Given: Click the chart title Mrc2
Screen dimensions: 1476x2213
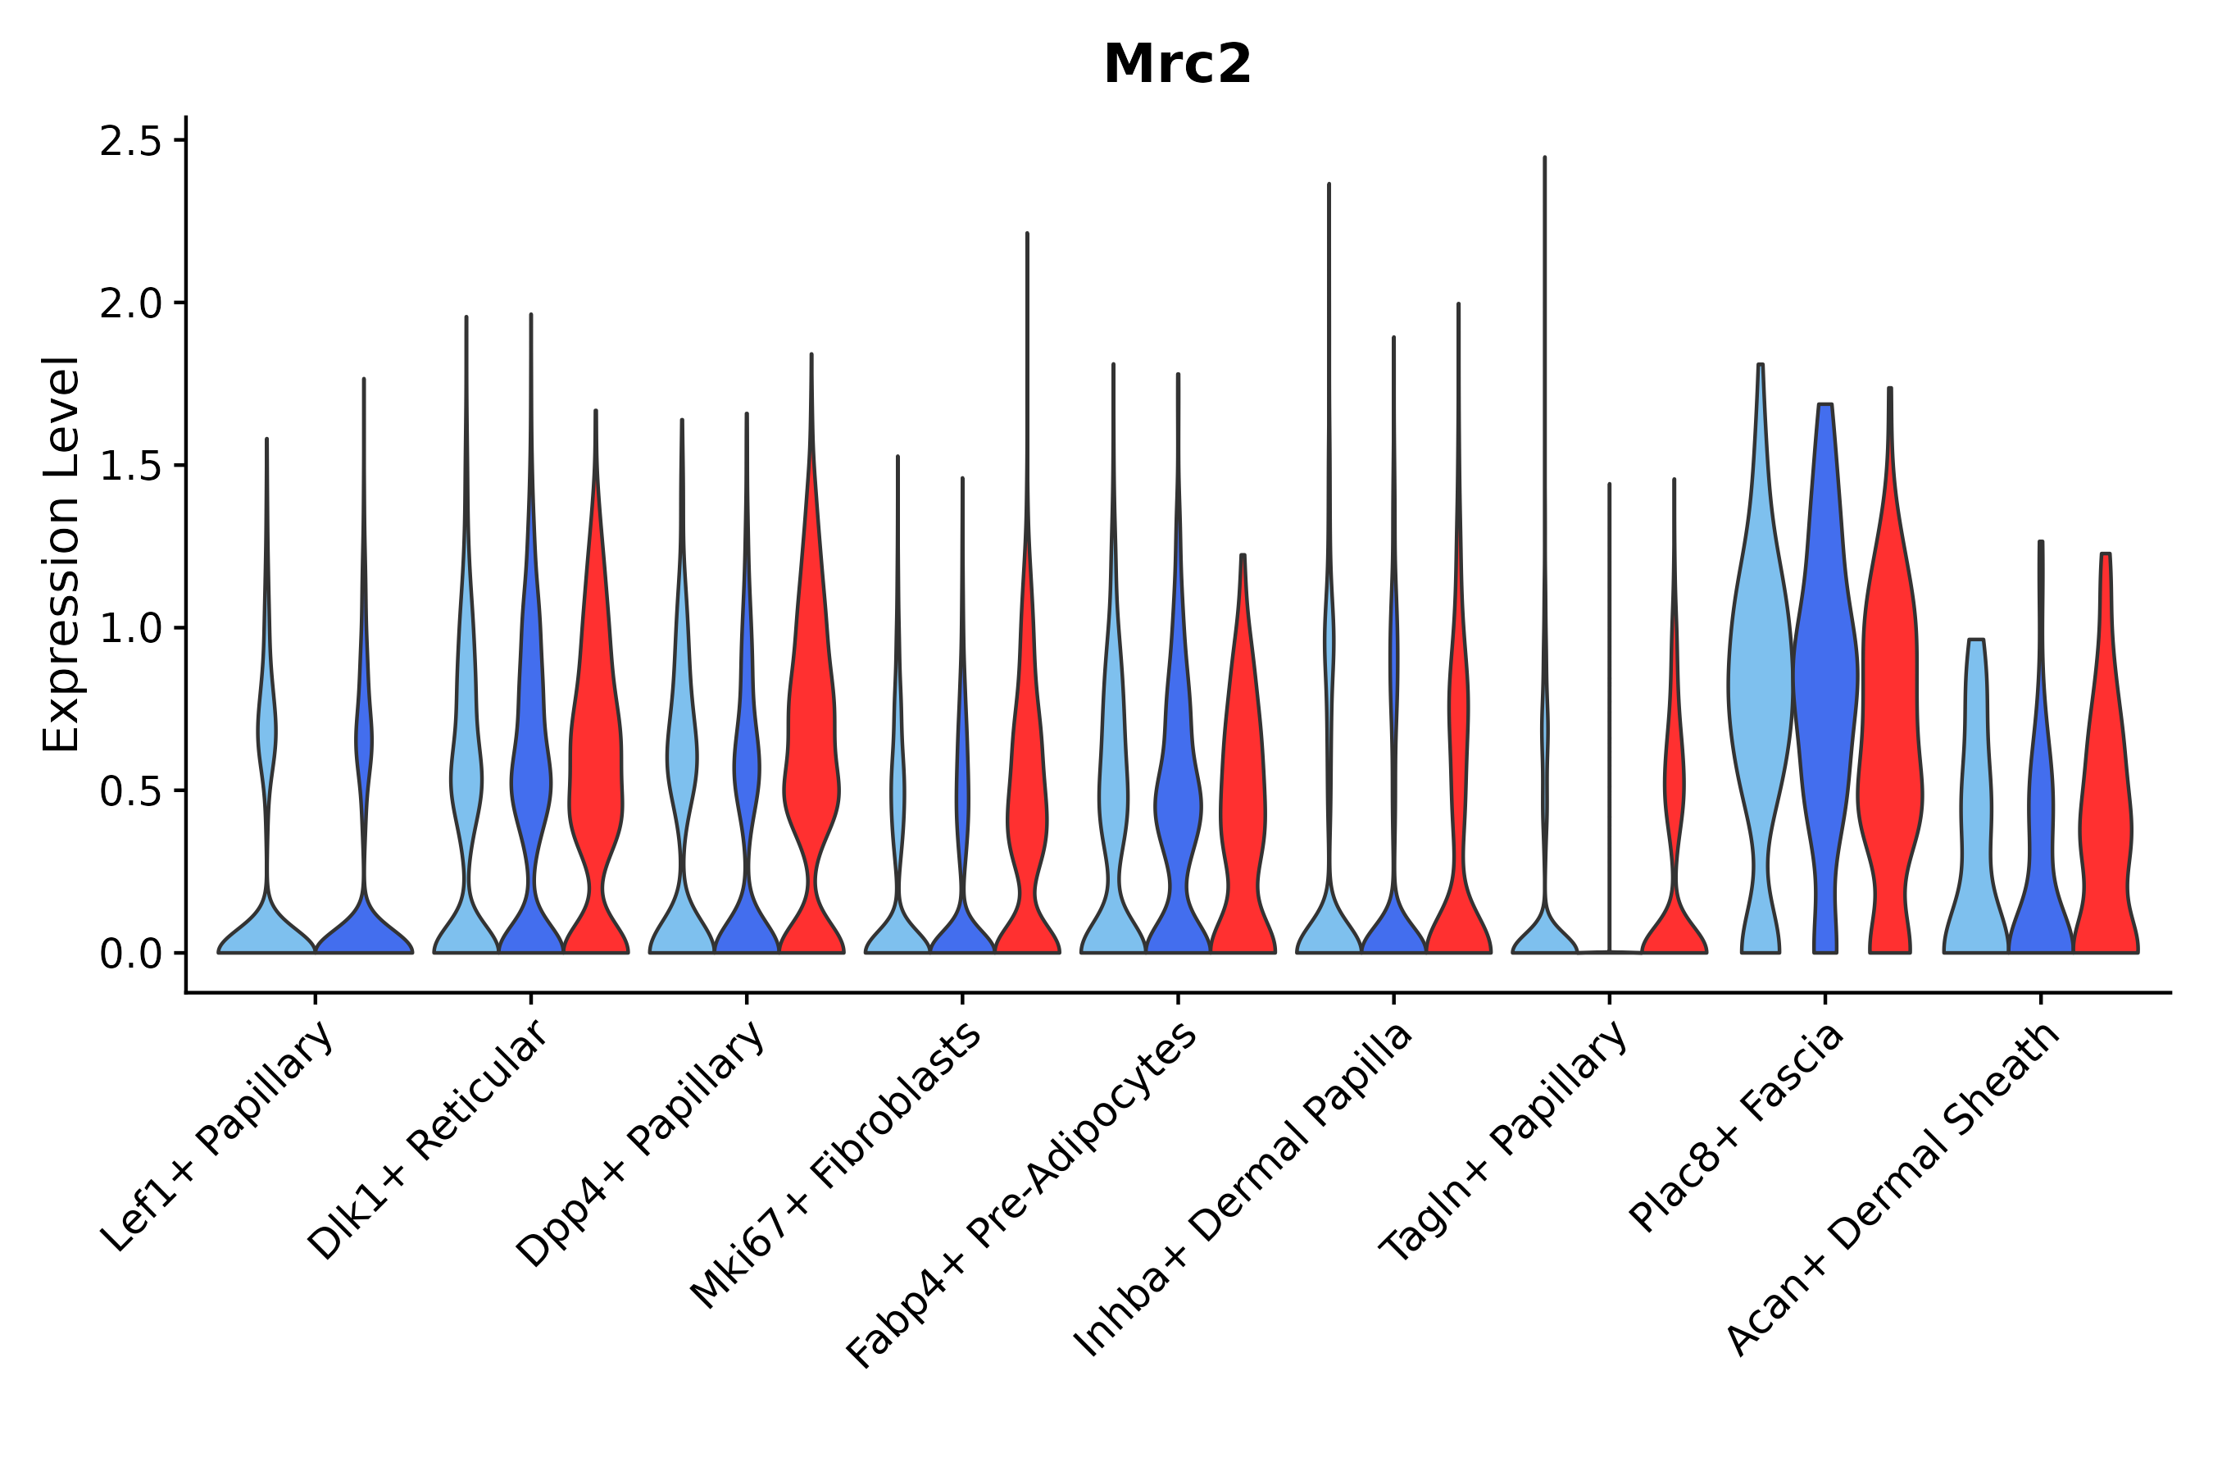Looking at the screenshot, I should click(1176, 65).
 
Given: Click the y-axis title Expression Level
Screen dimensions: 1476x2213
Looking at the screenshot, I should click(61, 553).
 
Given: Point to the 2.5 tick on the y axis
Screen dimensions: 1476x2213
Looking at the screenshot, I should click(142, 141).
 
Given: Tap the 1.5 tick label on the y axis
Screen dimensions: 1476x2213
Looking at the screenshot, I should click(142, 467).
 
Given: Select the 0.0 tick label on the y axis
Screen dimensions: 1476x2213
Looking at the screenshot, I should click(142, 954).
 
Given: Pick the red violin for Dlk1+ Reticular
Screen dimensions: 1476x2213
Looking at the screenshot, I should click(595, 753).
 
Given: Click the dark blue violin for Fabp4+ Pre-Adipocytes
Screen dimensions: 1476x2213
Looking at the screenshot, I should click(1177, 800).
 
